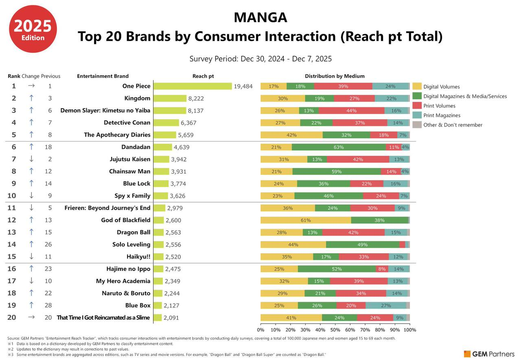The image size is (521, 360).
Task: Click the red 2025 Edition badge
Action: point(33,29)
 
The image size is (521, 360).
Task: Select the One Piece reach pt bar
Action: point(193,86)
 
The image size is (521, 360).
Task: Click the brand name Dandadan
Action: point(136,147)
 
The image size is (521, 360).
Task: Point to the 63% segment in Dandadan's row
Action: point(339,147)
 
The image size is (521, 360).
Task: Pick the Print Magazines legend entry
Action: point(442,116)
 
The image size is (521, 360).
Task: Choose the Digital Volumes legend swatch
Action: point(417,87)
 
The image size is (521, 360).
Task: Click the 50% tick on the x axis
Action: point(335,330)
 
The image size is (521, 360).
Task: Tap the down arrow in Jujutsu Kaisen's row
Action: point(31,159)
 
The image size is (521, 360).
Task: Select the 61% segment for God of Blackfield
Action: point(306,220)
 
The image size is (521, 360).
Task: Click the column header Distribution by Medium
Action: point(335,76)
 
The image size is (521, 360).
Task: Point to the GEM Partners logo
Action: point(489,354)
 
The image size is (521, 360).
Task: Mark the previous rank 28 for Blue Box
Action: point(48,305)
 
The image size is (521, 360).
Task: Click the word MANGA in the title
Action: point(260,17)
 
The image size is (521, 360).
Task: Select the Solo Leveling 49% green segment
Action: point(362,245)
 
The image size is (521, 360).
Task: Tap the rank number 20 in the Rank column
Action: point(12,318)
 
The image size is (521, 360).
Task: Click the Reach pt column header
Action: point(203,76)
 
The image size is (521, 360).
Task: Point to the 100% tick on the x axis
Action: point(409,330)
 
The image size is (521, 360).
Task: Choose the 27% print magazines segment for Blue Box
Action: point(385,306)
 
